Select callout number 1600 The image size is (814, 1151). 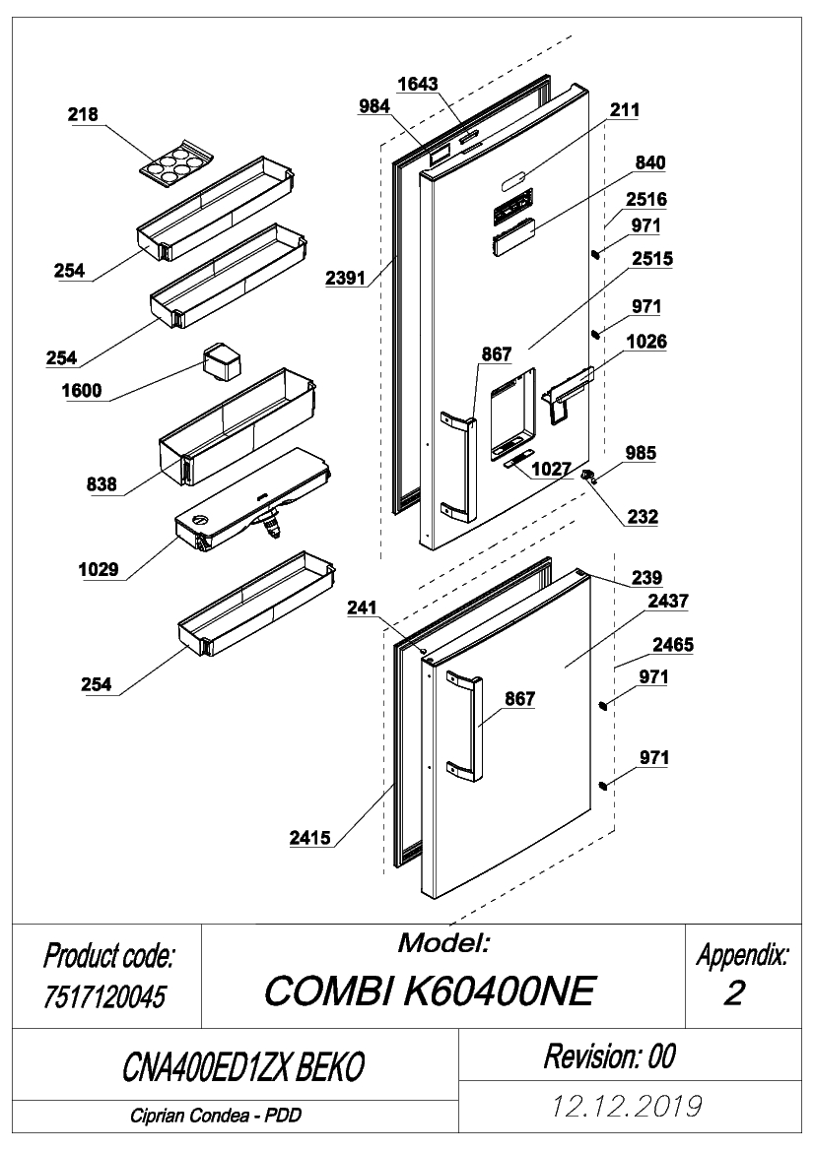point(82,391)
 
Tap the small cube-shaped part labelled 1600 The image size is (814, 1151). point(222,360)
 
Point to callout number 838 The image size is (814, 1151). point(102,484)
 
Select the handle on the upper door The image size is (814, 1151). point(458,467)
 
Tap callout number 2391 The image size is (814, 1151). point(345,279)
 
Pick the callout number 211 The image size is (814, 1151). point(625,110)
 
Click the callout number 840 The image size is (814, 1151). point(650,163)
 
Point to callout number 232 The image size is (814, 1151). point(643,517)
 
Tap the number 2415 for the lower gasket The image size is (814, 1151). point(310,838)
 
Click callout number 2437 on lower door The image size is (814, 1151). point(668,602)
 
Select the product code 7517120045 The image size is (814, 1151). point(105,996)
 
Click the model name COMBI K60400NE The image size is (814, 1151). point(430,991)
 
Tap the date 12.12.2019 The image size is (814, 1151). point(627,1106)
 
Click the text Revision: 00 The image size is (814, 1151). point(610,1056)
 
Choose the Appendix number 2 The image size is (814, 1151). point(734,993)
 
